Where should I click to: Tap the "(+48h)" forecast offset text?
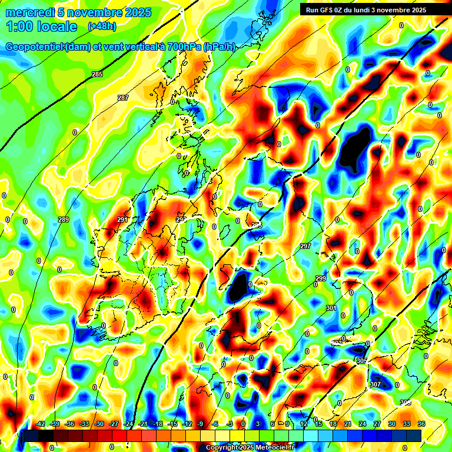coord(102,26)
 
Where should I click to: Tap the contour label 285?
coord(97,74)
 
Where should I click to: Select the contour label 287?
coord(123,98)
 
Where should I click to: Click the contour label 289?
coord(64,220)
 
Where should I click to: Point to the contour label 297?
coord(305,246)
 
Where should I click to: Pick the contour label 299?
coord(321,278)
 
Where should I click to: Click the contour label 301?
coord(331,308)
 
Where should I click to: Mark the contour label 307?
coord(375,384)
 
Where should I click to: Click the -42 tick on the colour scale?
coord(41,424)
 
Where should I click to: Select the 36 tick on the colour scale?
coord(421,424)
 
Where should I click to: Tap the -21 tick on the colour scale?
coord(143,424)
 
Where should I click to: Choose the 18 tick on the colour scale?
coord(333,424)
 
